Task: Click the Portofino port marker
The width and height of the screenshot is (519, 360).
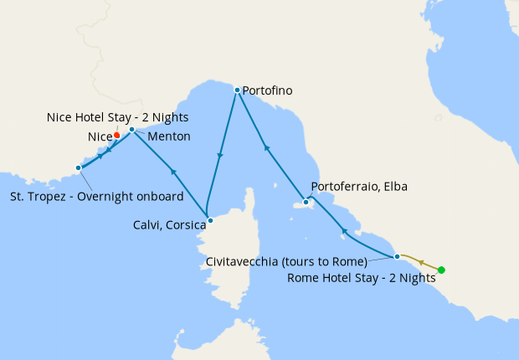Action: tap(237, 90)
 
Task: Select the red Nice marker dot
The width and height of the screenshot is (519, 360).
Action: tap(116, 134)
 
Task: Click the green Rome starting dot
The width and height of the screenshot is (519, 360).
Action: tap(441, 270)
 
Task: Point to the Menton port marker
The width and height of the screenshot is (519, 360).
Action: tap(132, 129)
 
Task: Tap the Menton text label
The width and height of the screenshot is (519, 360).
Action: tap(169, 136)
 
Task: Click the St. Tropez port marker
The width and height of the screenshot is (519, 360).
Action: tap(79, 167)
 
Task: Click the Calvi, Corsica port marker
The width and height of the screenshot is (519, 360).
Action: tap(210, 221)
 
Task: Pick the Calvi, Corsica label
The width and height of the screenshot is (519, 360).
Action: tap(167, 224)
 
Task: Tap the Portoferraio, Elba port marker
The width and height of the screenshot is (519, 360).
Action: tap(306, 202)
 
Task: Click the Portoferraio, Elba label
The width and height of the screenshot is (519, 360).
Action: tap(359, 187)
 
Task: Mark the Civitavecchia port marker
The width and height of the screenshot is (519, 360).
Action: tap(397, 255)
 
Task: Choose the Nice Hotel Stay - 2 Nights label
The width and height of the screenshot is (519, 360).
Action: tap(117, 117)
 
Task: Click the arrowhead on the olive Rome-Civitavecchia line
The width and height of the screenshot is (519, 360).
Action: tap(421, 261)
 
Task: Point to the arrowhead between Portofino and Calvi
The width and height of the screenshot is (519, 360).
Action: tap(220, 156)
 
